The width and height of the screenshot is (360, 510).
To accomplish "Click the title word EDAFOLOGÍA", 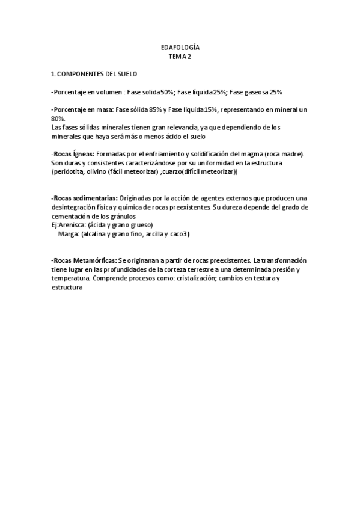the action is [180, 47].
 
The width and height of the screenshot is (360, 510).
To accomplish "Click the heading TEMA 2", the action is [180, 57].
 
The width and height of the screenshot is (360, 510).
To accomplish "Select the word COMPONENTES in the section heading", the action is [81, 74].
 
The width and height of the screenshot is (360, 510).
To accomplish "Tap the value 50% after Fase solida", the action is [166, 92].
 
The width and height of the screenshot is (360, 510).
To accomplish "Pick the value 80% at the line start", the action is [58, 118].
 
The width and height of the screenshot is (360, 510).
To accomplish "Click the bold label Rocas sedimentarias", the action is [84, 198].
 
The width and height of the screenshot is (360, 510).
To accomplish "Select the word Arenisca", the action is [72, 225].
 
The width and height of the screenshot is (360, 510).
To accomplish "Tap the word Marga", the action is [69, 234].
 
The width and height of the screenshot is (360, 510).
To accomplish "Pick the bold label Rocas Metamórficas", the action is [84, 260].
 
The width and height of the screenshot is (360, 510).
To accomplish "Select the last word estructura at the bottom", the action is [66, 287].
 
